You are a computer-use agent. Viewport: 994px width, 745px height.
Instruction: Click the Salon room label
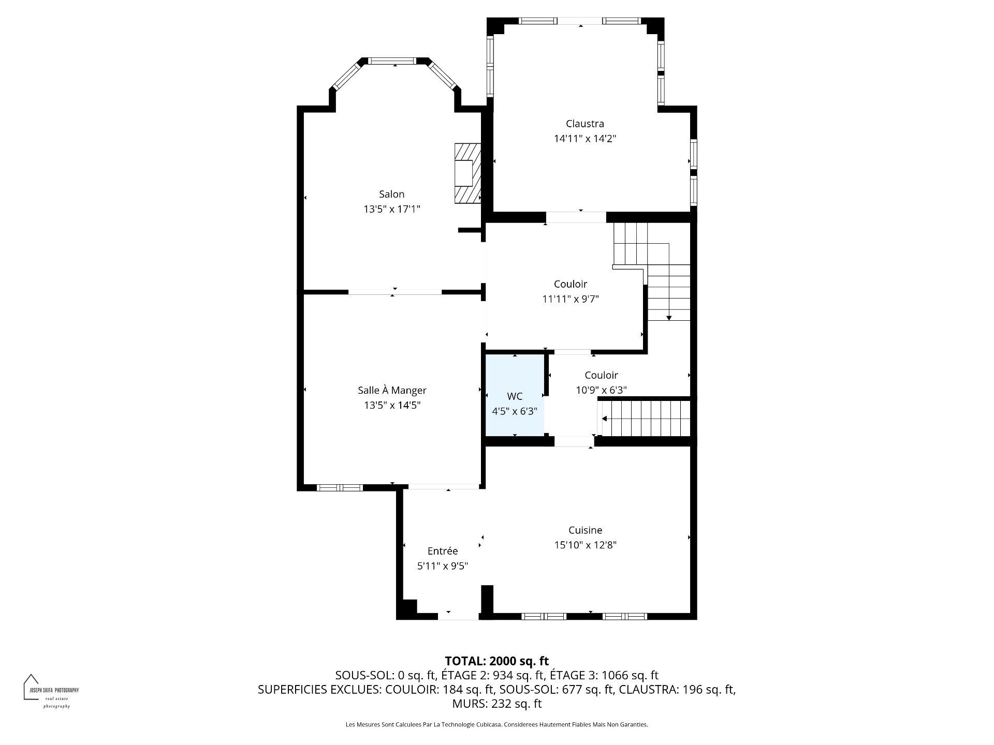(x=391, y=194)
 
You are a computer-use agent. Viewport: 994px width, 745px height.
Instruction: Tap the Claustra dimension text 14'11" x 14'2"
(x=585, y=139)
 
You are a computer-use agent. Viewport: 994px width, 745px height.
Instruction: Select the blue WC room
(x=515, y=395)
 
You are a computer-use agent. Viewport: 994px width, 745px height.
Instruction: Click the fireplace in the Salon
(x=467, y=173)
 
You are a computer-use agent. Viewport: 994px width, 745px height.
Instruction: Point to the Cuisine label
(x=585, y=530)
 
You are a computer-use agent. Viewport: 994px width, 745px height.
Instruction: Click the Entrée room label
(x=443, y=551)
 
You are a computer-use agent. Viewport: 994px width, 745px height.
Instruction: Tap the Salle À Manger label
(x=392, y=391)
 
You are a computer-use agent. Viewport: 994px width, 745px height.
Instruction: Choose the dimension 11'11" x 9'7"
(x=571, y=299)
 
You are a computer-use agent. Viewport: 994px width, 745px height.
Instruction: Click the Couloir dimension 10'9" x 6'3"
(x=601, y=390)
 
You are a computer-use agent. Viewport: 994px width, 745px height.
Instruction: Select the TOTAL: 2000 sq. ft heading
(x=497, y=661)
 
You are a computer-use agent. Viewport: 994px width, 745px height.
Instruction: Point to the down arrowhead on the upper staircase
(x=669, y=318)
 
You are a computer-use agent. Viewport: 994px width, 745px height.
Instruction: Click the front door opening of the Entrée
(x=458, y=616)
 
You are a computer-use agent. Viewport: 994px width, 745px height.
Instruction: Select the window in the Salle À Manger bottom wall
(x=340, y=487)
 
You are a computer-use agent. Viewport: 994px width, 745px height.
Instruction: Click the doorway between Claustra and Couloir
(x=576, y=217)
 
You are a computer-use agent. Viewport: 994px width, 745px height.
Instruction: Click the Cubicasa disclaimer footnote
(x=497, y=725)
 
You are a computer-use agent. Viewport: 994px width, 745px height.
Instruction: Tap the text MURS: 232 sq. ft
(x=496, y=704)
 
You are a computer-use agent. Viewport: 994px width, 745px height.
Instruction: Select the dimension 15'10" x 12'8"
(x=585, y=545)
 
